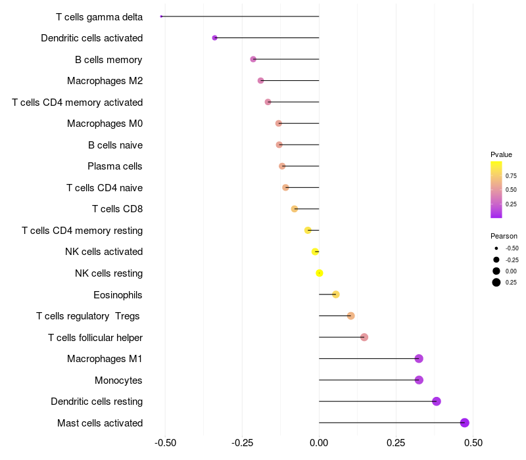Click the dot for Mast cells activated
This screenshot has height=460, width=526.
pos(465,423)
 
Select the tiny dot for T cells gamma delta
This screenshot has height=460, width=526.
pos(161,16)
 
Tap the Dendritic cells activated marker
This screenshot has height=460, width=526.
pos(215,38)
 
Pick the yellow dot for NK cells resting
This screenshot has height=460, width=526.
pos(320,273)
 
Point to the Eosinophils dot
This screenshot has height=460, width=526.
pos(336,294)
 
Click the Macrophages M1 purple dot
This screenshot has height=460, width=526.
pos(419,359)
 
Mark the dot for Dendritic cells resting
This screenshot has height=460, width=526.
pos(437,402)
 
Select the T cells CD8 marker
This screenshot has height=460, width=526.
pos(295,209)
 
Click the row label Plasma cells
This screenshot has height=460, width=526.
pos(115,166)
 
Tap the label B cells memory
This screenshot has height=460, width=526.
pos(108,60)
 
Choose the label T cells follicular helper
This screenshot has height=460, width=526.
pos(95,338)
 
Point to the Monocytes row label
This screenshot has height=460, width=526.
pos(118,380)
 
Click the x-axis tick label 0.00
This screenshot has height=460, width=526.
pos(319,444)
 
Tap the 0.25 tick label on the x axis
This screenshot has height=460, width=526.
pos(396,444)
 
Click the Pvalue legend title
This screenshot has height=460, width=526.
pos(501,154)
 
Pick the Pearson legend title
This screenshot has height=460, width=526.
pos(504,236)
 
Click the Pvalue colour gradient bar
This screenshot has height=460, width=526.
pos(496,189)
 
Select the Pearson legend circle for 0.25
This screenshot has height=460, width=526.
pos(496,283)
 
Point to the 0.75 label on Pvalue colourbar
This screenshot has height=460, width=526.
pos(511,175)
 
